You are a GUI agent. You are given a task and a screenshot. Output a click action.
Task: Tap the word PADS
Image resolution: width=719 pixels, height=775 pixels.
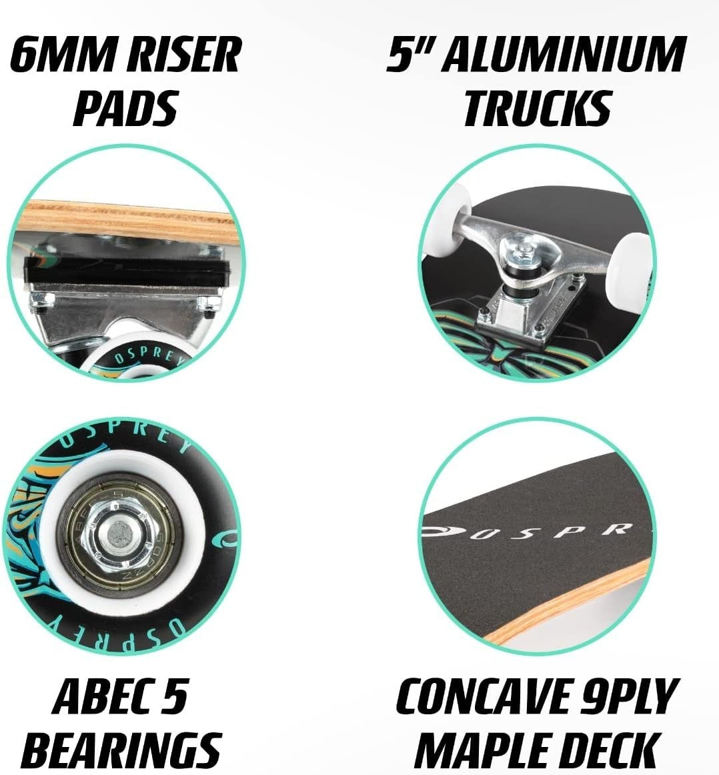[x=125, y=108]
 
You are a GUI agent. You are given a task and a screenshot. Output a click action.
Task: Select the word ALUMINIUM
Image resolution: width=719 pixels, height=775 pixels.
[x=564, y=54]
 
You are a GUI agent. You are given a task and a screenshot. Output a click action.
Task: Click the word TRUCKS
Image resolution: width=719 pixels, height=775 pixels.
[x=538, y=108]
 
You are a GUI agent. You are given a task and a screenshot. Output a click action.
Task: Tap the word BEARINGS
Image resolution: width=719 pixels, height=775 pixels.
[x=121, y=750]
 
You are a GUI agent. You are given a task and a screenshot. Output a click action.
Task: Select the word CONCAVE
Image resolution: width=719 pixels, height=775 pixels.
[x=482, y=696]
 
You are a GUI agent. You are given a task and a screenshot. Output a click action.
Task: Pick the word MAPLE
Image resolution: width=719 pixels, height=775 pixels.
[x=487, y=750]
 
